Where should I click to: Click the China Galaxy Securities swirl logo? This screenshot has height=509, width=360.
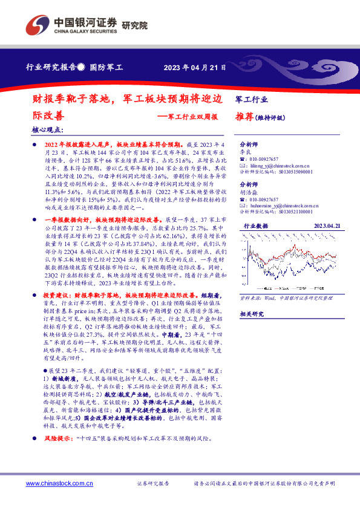[38, 26]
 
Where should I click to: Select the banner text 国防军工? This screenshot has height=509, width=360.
[106, 68]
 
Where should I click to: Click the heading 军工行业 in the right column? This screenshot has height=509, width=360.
[251, 98]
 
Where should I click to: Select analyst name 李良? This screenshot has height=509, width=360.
[246, 154]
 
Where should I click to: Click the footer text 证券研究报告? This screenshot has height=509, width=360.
[153, 484]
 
